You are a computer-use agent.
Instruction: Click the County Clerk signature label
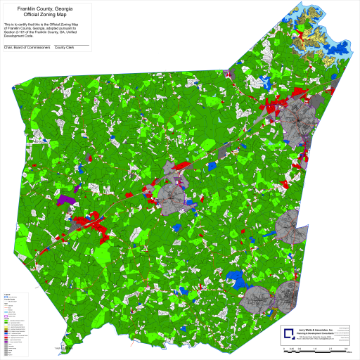coord(65,49)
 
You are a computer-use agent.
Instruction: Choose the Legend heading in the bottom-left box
coord(7,294)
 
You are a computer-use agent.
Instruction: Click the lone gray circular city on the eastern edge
coord(290,226)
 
